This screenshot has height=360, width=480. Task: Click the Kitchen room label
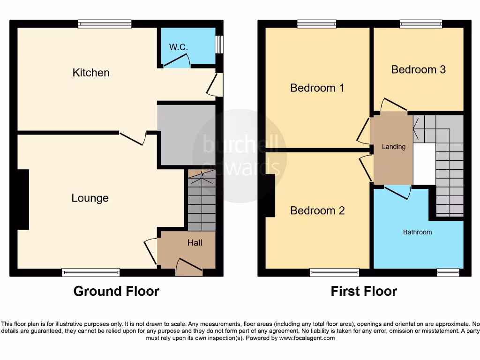tap(91, 73)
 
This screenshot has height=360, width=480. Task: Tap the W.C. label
tap(179, 47)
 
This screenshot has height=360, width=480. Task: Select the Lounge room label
tap(90, 198)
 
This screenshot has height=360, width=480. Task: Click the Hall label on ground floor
tap(195, 243)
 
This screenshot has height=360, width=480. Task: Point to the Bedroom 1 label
tap(317, 88)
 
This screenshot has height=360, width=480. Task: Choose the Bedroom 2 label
tap(317, 210)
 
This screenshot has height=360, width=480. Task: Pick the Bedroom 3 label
tap(418, 69)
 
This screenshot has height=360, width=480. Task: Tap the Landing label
tap(393, 147)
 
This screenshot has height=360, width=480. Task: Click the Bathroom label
tap(417, 232)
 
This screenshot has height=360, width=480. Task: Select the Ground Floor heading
tap(116, 291)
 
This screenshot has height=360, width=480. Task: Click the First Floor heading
tap(364, 291)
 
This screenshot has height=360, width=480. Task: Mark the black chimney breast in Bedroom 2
tap(270, 195)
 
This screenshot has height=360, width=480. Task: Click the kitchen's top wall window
tap(105, 24)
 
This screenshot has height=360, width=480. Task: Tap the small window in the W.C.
tap(219, 45)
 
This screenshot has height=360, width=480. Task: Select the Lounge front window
tap(90, 272)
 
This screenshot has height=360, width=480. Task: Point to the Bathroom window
tap(447, 272)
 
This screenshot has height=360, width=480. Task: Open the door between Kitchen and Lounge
tap(133, 137)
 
